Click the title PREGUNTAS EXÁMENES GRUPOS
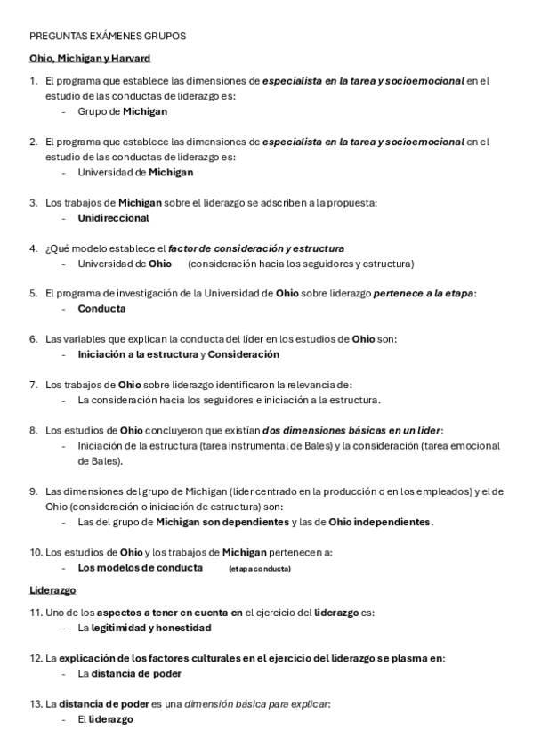(x=108, y=37)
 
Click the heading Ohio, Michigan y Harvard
(x=90, y=58)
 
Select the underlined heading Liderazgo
(x=52, y=589)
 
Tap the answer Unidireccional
(x=113, y=218)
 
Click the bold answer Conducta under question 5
(x=101, y=309)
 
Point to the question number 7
(x=33, y=385)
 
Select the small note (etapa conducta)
(x=259, y=568)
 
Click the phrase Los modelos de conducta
(x=140, y=567)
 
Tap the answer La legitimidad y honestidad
(x=144, y=628)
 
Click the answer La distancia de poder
(x=129, y=674)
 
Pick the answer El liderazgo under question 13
(x=105, y=719)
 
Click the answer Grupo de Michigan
(x=122, y=111)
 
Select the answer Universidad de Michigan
(x=135, y=172)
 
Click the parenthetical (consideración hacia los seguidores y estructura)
(x=301, y=264)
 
